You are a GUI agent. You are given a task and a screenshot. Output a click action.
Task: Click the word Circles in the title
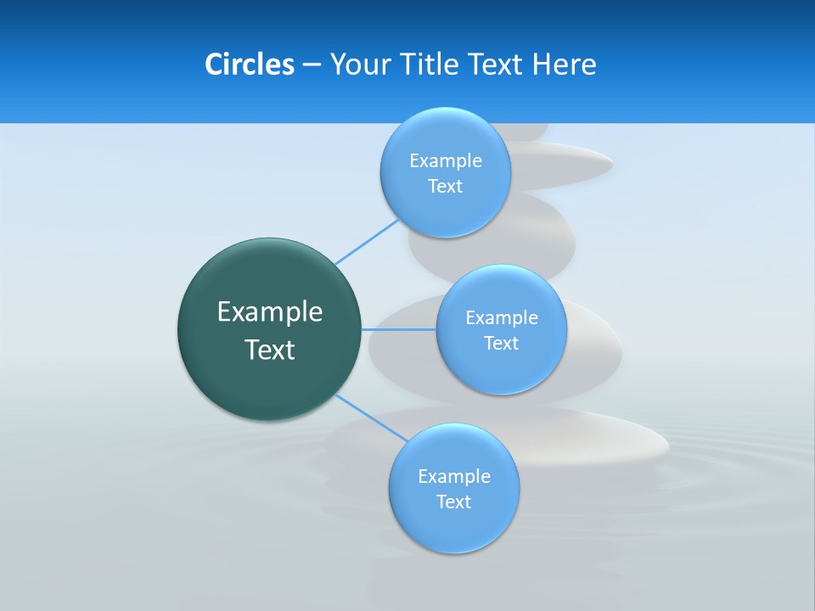[x=249, y=64]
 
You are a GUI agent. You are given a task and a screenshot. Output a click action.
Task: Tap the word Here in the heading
[x=564, y=64]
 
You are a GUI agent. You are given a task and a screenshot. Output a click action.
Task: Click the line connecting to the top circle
[x=367, y=241]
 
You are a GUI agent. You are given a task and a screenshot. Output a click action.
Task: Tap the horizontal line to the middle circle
[x=399, y=329]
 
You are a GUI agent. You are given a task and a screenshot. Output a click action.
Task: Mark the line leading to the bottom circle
[x=370, y=418]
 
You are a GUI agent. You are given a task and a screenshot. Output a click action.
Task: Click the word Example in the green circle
[x=270, y=312]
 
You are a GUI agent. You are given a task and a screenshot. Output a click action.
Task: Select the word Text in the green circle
[x=270, y=350]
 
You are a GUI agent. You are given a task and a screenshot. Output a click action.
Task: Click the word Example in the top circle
[x=446, y=161]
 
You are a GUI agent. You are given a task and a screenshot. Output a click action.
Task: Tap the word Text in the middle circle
[x=501, y=344]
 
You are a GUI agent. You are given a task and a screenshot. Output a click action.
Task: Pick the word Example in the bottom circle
[x=454, y=477]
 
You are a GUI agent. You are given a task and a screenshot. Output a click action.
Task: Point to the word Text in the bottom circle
[x=453, y=502]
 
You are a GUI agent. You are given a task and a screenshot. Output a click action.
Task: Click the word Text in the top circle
[x=445, y=187]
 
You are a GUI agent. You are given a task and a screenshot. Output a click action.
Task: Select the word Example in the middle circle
[x=502, y=318]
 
